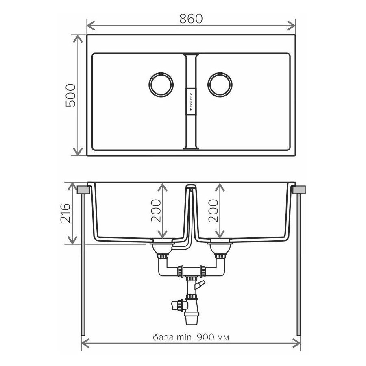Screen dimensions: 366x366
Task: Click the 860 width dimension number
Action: (191, 18)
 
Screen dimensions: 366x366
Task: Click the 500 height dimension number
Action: (70, 95)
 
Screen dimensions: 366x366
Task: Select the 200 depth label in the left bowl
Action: (156, 211)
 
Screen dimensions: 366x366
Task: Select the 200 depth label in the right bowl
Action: (213, 211)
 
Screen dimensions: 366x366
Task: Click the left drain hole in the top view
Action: (161, 85)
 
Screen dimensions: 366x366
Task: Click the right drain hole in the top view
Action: (220, 85)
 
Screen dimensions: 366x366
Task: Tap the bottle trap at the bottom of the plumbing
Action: (191, 313)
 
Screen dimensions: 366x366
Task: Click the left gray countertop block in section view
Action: (83, 190)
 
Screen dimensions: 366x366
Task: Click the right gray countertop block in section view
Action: (299, 190)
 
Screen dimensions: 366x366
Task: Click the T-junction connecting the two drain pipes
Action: (191, 270)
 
